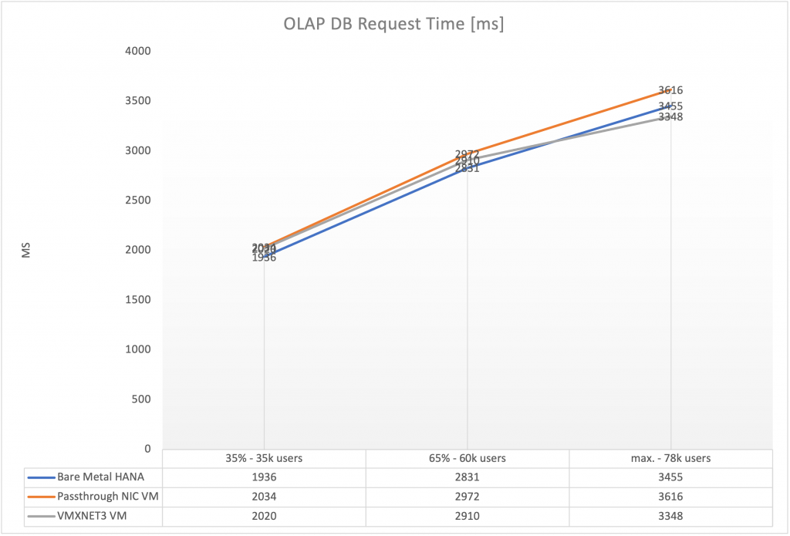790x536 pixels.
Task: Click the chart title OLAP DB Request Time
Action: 393,24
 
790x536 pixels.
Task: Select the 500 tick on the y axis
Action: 142,399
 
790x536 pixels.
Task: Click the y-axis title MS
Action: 25,250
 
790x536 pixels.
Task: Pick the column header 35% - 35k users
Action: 264,458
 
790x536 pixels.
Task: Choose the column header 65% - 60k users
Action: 467,458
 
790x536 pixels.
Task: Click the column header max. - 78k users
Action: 670,458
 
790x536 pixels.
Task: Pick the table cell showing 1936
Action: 264,477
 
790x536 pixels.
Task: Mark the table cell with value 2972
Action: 467,496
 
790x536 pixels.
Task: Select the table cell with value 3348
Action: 670,515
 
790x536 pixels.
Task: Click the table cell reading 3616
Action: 670,496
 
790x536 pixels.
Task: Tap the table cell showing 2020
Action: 264,515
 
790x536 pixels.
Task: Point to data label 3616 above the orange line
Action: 670,90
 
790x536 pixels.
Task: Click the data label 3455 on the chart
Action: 670,106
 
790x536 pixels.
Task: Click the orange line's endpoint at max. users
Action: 670,91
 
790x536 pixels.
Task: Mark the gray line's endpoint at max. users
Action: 670,117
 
